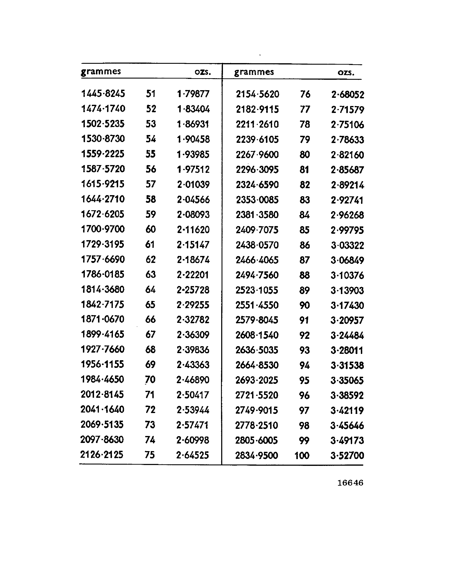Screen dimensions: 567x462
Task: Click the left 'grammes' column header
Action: coord(101,71)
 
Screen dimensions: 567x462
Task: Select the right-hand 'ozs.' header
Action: coord(346,72)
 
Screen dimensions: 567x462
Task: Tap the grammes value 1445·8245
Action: coord(103,93)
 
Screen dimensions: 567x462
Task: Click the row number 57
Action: coord(151,184)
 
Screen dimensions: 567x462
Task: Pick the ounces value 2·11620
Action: coord(193,230)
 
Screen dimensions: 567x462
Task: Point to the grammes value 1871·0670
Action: coord(103,319)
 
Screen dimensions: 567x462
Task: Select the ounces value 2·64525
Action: coord(193,455)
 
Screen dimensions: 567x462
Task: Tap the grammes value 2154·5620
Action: coord(257,94)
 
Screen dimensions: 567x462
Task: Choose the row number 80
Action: coord(305,155)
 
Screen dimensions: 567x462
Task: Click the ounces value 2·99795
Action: coord(347,230)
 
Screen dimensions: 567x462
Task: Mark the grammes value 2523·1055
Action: coord(257,290)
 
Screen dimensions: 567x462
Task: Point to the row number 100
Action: coord(302,455)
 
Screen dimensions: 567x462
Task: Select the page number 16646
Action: coord(350,483)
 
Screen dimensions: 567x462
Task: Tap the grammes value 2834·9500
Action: coord(257,455)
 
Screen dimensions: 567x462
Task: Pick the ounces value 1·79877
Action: coord(193,94)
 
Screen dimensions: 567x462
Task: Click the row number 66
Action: coord(150,319)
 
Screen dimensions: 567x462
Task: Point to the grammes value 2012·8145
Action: coord(102,394)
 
